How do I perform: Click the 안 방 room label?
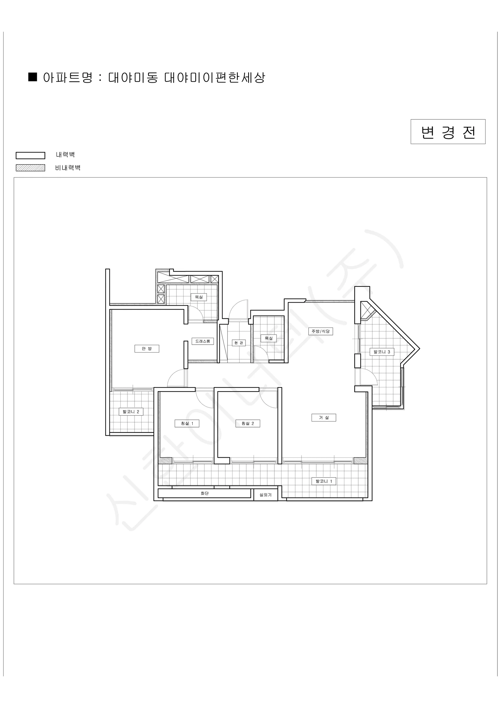pos(147,349)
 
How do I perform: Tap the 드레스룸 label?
pos(203,341)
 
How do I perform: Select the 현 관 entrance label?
pos(239,343)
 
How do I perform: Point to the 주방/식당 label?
pos(320,332)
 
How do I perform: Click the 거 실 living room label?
pos(324,418)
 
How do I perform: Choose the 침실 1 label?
pos(187,424)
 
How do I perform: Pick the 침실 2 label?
pos(248,424)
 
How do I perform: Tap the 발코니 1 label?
pos(324,481)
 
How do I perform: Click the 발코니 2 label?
pos(131,412)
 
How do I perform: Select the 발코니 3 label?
pos(382,352)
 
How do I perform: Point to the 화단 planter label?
pos(204,493)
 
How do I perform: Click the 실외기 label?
pos(265,495)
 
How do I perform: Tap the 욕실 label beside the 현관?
pos(269,338)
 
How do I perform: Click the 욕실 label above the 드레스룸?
pos(199,297)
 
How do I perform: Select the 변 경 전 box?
pos(448,132)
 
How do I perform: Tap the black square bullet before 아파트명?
pos(33,77)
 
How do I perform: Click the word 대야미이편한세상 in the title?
pos(215,77)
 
